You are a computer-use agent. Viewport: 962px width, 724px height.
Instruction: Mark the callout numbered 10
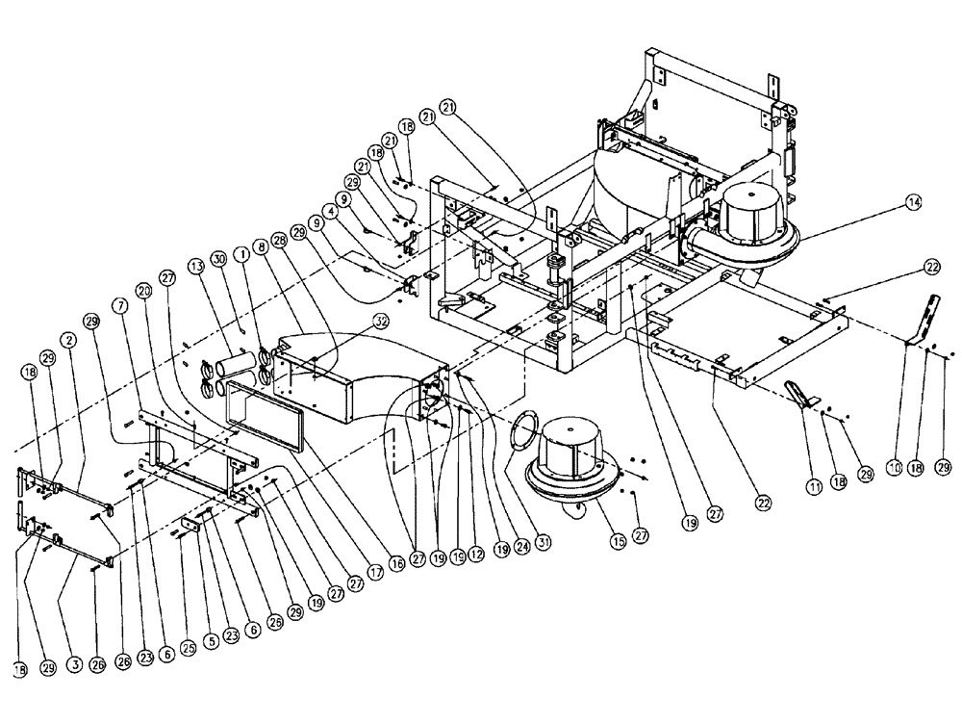895,468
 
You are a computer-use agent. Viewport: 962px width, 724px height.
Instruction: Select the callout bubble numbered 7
119,305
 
